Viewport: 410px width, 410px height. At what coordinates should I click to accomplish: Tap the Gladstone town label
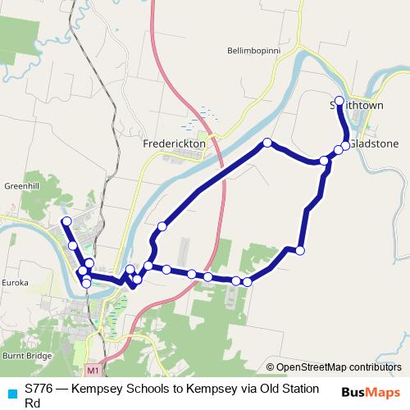pyautogui.click(x=376, y=143)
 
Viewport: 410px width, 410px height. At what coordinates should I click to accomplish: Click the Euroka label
pyautogui.click(x=16, y=282)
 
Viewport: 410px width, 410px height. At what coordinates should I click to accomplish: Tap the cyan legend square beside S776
pyautogui.click(x=11, y=392)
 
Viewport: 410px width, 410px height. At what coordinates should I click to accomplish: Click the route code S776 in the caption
pyautogui.click(x=39, y=387)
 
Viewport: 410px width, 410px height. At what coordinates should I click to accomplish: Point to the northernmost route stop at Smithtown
pyautogui.click(x=339, y=100)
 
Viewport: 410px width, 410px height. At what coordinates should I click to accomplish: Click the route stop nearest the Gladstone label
pyautogui.click(x=346, y=145)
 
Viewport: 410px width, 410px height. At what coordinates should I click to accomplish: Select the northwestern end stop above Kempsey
pyautogui.click(x=66, y=221)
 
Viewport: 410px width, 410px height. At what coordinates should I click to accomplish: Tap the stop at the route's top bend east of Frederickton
pyautogui.click(x=267, y=143)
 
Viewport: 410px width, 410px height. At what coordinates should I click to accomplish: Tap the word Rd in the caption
pyautogui.click(x=33, y=403)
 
